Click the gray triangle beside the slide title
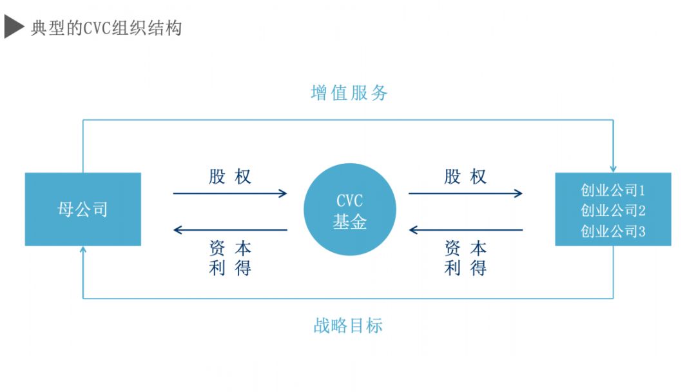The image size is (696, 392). point(14,27)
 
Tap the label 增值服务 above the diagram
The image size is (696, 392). point(349,93)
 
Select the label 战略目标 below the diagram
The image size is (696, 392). point(348,326)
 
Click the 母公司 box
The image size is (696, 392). point(82,209)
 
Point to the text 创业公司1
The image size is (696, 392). point(613,191)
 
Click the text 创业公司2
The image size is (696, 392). point(613,211)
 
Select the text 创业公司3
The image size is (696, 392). point(613,231)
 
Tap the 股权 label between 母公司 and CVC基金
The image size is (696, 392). point(229,177)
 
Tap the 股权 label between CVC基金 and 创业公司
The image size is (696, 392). point(465,177)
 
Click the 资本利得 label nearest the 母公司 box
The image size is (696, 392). point(229,258)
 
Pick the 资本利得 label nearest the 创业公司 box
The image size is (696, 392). point(465,258)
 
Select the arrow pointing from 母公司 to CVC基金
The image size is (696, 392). point(230,193)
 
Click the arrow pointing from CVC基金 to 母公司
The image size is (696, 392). point(230,230)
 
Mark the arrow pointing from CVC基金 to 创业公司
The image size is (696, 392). point(465,193)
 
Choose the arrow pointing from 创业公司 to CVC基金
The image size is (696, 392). point(465,230)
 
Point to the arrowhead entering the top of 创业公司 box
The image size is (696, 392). point(613,168)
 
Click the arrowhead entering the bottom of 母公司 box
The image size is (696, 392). point(83,251)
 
